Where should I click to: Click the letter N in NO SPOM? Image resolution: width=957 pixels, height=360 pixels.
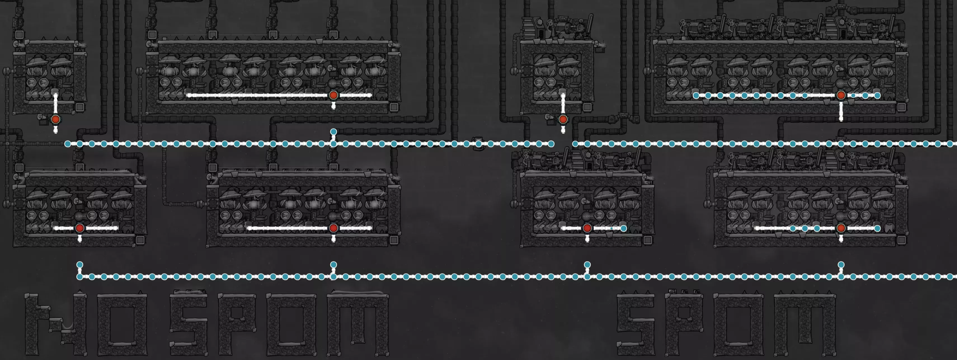[56, 324]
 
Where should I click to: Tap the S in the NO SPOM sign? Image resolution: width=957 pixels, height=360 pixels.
[188, 324]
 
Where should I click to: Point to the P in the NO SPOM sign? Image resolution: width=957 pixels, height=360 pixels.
[237, 324]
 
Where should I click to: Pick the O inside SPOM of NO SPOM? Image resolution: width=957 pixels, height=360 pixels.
[292, 324]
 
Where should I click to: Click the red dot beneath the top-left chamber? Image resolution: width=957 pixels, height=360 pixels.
[55, 119]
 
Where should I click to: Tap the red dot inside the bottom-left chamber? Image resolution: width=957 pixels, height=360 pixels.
[79, 228]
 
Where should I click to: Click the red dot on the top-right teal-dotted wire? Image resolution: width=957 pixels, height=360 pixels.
[841, 95]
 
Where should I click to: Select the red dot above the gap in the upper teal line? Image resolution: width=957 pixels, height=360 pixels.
[563, 119]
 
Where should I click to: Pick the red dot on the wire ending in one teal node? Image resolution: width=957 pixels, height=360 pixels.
[587, 228]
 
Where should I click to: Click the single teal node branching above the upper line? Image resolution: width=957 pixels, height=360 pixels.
[333, 131]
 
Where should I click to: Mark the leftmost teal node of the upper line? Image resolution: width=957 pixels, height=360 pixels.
[68, 144]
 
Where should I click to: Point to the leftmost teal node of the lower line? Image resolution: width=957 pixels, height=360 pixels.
[79, 276]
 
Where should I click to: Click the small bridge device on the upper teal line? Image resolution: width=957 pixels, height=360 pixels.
[478, 144]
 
